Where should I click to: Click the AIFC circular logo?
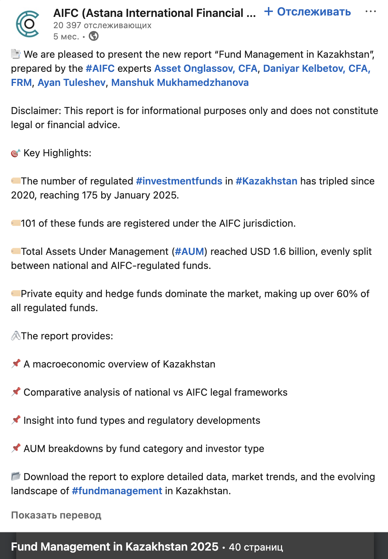pyautogui.click(x=27, y=24)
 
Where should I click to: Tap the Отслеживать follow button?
pyautogui.click(x=308, y=12)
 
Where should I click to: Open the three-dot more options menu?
pyautogui.click(x=370, y=12)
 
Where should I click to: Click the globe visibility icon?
pyautogui.click(x=94, y=36)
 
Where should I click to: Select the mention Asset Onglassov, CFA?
pyautogui.click(x=206, y=68)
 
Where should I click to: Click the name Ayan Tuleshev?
pyautogui.click(x=71, y=82)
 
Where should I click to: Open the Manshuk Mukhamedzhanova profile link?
pyautogui.click(x=180, y=82)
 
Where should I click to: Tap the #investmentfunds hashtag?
pyautogui.click(x=179, y=181)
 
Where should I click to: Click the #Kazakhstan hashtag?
pyautogui.click(x=266, y=181)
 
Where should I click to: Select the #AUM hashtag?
pyautogui.click(x=189, y=251)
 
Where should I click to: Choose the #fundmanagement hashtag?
pyautogui.click(x=117, y=491)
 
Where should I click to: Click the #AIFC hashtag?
pyautogui.click(x=100, y=68)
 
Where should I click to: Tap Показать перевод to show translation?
pyautogui.click(x=56, y=515)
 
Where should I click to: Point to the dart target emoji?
pyautogui.click(x=15, y=153)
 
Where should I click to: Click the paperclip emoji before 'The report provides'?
pyautogui.click(x=15, y=336)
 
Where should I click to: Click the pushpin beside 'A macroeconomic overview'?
pyautogui.click(x=15, y=364)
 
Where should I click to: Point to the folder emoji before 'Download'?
pyautogui.click(x=15, y=476)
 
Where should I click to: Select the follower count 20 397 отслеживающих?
pyautogui.click(x=102, y=25)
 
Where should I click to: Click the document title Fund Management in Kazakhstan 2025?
pyautogui.click(x=115, y=546)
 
